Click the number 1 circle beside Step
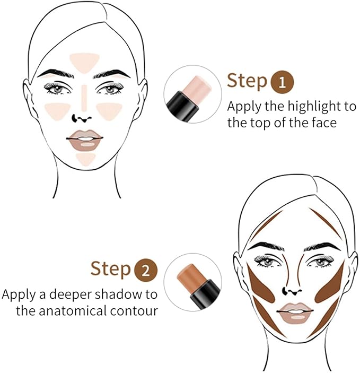[282, 82]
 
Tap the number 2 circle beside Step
[147, 269]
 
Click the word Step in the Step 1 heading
[247, 81]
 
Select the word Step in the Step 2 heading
[111, 268]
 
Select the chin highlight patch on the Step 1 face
[85, 158]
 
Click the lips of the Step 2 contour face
[296, 313]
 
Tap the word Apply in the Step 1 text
[243, 107]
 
